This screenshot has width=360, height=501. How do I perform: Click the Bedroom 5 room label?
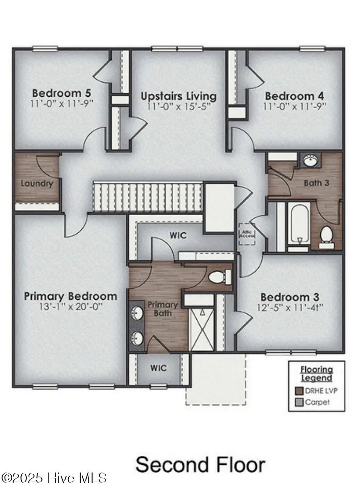tap(62, 93)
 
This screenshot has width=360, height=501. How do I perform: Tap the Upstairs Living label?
tap(178, 96)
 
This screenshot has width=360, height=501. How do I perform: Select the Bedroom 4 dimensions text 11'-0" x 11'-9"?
tap(295, 106)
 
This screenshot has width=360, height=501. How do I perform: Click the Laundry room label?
tap(37, 184)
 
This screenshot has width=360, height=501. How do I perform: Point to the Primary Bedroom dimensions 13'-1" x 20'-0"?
tap(70, 307)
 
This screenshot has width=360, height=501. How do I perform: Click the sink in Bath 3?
tap(310, 160)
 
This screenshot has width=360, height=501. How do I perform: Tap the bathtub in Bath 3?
tap(298, 225)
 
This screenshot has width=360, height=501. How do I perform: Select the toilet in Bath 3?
tap(326, 236)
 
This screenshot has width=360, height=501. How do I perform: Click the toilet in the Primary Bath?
tap(220, 276)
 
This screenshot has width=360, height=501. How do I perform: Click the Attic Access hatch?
tap(247, 234)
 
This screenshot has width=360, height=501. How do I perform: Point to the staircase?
tap(147, 196)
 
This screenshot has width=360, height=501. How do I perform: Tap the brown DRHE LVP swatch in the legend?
tap(299, 391)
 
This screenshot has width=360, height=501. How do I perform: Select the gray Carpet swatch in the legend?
tap(299, 402)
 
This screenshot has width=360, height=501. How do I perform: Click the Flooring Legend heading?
tap(317, 373)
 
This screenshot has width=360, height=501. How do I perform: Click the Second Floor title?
tap(200, 465)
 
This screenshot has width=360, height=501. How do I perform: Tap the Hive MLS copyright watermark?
tap(54, 477)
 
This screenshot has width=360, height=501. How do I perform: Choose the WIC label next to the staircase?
tap(178, 236)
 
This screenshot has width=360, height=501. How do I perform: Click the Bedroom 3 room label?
tap(290, 297)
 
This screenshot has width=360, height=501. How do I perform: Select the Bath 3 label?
tap(316, 183)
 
